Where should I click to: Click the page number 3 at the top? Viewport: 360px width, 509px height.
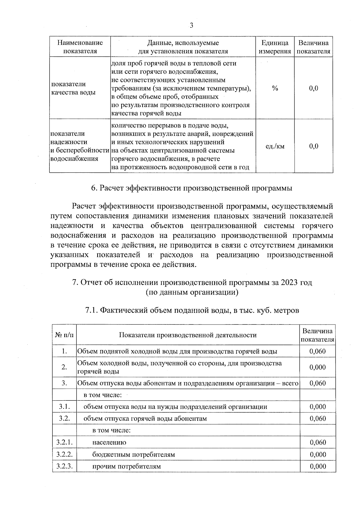[191, 26]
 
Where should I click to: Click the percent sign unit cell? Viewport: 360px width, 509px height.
[275, 88]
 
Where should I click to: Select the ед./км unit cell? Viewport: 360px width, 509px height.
[275, 146]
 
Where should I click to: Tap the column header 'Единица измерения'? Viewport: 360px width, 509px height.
[275, 47]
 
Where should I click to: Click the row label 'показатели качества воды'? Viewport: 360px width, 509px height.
[73, 88]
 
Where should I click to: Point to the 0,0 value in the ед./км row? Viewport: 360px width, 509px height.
[313, 146]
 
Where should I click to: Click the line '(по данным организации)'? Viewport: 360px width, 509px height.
[192, 292]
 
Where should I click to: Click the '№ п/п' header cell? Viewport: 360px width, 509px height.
[64, 335]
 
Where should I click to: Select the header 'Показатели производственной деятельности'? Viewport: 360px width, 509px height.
[188, 335]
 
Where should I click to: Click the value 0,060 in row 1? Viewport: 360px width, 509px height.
[317, 351]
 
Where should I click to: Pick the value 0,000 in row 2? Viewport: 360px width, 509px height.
[317, 367]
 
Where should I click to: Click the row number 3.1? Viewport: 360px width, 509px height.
[64, 407]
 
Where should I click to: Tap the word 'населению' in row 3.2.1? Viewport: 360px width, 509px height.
[109, 442]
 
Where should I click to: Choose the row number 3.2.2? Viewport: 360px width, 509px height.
[64, 454]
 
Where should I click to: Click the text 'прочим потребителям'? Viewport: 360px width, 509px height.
[126, 466]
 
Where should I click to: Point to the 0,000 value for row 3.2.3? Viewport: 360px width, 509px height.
[318, 466]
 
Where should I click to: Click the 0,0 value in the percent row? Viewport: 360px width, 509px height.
[313, 88]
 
